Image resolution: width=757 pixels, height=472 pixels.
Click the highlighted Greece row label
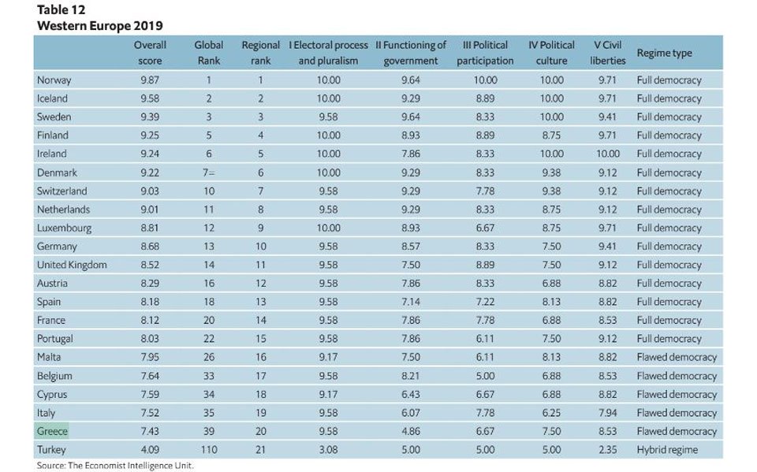[52, 431]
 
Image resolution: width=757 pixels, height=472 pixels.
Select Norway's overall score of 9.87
[150, 80]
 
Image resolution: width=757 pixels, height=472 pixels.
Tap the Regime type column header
[664, 53]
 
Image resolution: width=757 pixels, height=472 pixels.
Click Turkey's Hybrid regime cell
[667, 450]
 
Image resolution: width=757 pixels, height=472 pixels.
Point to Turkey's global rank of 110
[208, 450]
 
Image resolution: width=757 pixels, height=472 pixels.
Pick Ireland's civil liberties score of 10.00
[607, 154]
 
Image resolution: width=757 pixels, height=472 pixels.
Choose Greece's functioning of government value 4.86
[410, 431]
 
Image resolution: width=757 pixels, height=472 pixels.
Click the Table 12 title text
[62, 9]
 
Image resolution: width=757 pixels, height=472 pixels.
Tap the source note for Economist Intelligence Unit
[115, 466]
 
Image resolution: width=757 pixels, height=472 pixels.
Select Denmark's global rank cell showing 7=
[208, 173]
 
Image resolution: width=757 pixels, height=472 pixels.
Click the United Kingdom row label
[72, 265]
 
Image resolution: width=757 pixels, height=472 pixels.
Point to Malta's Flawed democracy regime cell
[677, 357]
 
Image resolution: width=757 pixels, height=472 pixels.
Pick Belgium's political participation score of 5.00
[485, 376]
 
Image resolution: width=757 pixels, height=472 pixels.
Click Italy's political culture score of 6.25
[551, 413]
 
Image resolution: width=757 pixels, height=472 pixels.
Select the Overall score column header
[150, 53]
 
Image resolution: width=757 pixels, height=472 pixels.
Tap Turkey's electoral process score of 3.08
[328, 450]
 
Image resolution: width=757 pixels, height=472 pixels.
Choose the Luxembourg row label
[64, 228]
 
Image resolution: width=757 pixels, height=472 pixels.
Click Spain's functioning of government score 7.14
[410, 302]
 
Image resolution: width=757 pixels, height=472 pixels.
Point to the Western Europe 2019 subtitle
[100, 25]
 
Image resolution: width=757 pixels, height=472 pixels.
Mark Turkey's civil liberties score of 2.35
[607, 450]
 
